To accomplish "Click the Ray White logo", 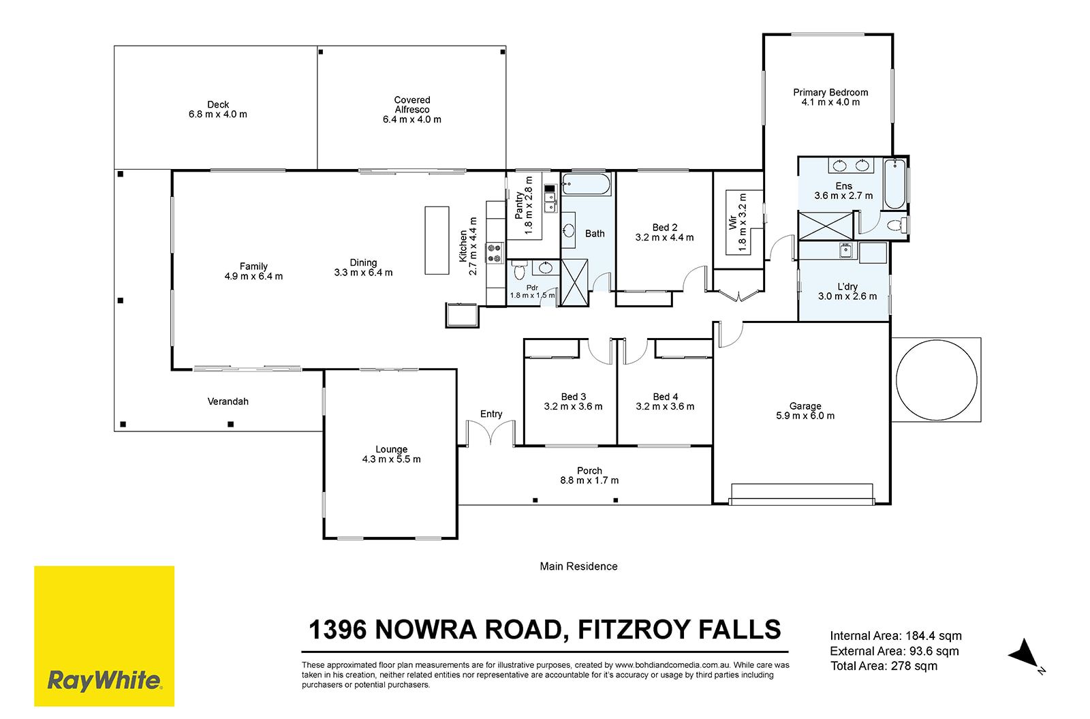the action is [x=104, y=636].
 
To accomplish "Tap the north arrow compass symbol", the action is [x=1026, y=656].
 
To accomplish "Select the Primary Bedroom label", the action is [x=830, y=93].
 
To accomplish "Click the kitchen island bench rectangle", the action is [x=437, y=241].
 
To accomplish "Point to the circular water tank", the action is [x=936, y=380].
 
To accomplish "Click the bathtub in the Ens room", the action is [x=894, y=184].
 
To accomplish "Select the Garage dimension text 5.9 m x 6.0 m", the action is [x=805, y=416].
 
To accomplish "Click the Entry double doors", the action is [x=490, y=432].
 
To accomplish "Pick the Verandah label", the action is [x=228, y=401].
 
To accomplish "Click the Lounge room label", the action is [x=391, y=449].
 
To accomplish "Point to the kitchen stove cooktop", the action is [x=495, y=253].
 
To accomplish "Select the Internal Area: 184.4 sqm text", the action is [x=896, y=636].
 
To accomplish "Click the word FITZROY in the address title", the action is [x=634, y=630].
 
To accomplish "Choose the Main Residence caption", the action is [x=578, y=566].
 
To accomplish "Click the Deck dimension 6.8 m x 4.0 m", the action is [x=217, y=114].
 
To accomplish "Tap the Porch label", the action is [x=589, y=471].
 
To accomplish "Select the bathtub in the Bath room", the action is [x=586, y=184].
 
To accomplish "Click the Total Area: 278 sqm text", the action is [x=884, y=666].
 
